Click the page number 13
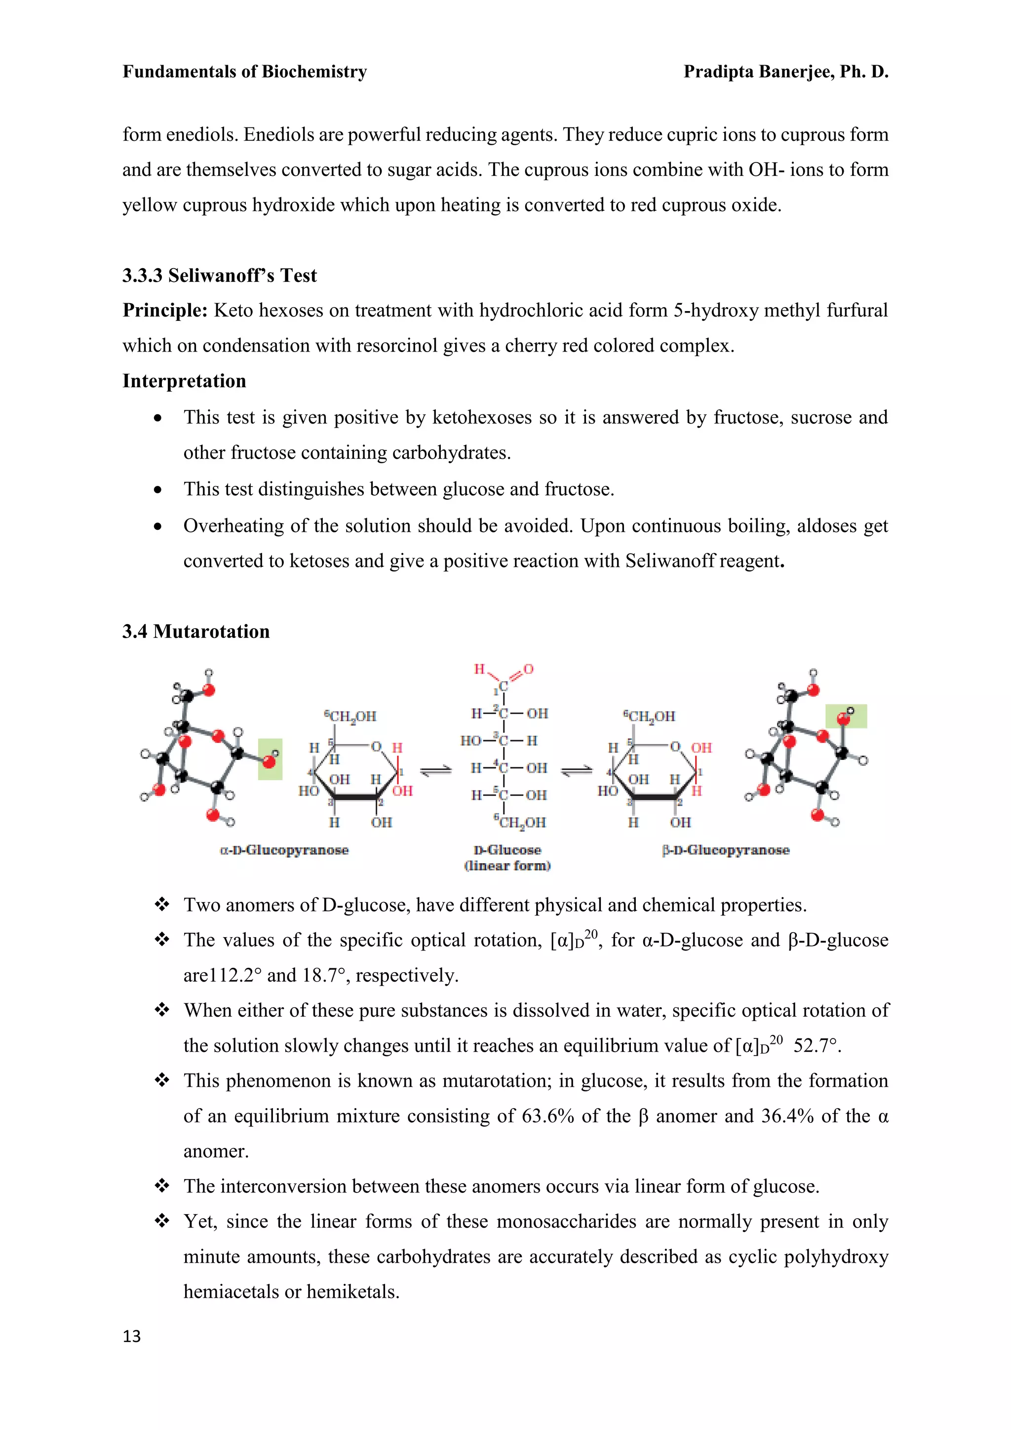click(132, 1336)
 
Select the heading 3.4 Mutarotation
click(196, 632)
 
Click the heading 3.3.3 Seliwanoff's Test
click(219, 276)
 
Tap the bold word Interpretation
click(184, 381)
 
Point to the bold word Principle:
click(165, 310)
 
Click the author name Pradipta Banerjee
click(758, 72)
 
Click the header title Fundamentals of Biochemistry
click(245, 72)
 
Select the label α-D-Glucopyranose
click(284, 850)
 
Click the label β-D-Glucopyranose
click(726, 850)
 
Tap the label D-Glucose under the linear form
click(507, 850)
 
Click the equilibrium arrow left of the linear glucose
click(436, 771)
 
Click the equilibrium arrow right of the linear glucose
click(577, 771)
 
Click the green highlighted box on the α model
click(270, 759)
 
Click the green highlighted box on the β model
click(846, 716)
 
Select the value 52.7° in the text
click(817, 1046)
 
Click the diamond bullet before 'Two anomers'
click(162, 904)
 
